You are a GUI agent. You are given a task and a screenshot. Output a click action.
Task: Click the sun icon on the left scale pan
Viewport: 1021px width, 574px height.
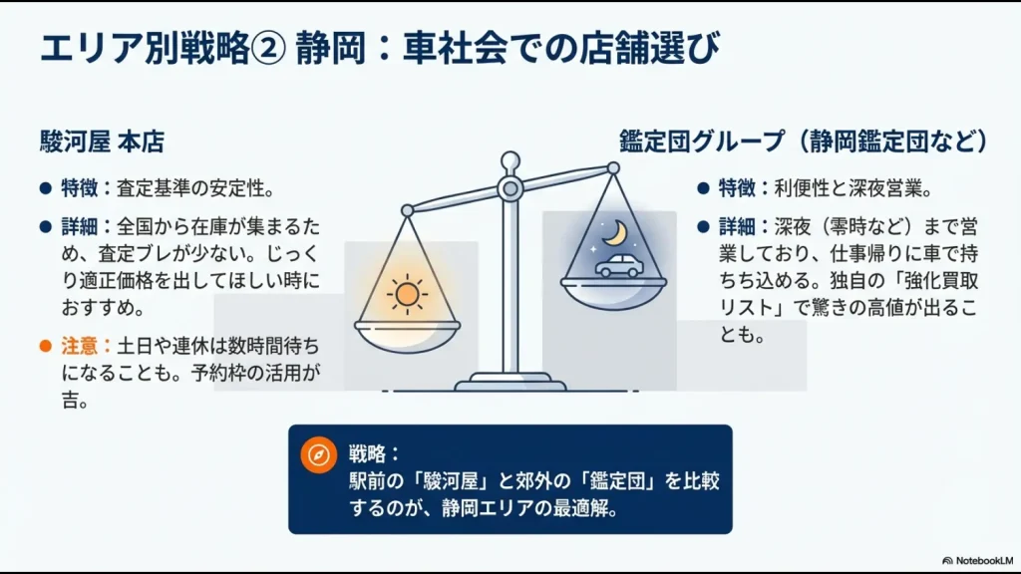pos(407,294)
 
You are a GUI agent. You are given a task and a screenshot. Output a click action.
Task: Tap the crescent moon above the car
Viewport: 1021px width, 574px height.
pos(620,231)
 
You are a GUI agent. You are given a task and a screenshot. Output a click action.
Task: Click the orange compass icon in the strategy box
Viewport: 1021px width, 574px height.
pos(318,454)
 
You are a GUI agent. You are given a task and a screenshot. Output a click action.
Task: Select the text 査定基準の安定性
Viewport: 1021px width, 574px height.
pos(195,187)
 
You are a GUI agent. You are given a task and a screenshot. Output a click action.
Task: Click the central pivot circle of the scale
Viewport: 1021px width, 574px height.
pos(510,187)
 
